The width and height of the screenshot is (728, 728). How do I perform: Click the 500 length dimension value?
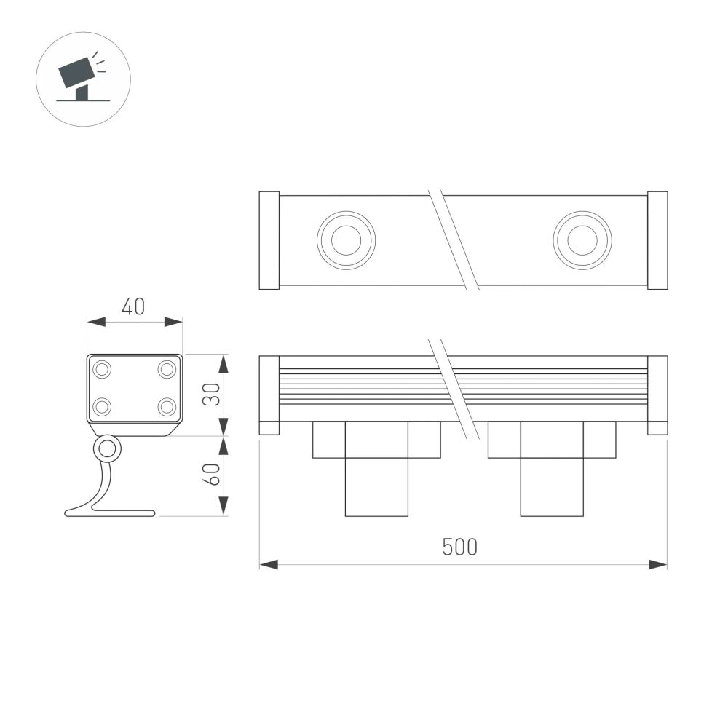(460, 547)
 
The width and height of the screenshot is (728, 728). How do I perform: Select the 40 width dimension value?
(132, 307)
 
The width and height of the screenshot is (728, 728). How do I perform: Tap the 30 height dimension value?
(211, 395)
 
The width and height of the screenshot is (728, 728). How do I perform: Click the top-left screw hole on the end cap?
(102, 370)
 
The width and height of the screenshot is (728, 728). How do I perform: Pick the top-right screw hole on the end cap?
(167, 370)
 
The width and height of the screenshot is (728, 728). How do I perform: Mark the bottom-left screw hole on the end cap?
(102, 406)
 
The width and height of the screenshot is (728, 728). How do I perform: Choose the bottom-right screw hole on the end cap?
(167, 406)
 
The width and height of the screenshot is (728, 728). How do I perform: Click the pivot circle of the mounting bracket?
(107, 449)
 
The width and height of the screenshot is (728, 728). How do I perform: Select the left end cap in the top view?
(269, 240)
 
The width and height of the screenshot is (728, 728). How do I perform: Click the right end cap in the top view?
(657, 240)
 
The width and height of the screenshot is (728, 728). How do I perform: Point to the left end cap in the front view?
(269, 395)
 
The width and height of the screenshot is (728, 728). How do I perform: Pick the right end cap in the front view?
(657, 395)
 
